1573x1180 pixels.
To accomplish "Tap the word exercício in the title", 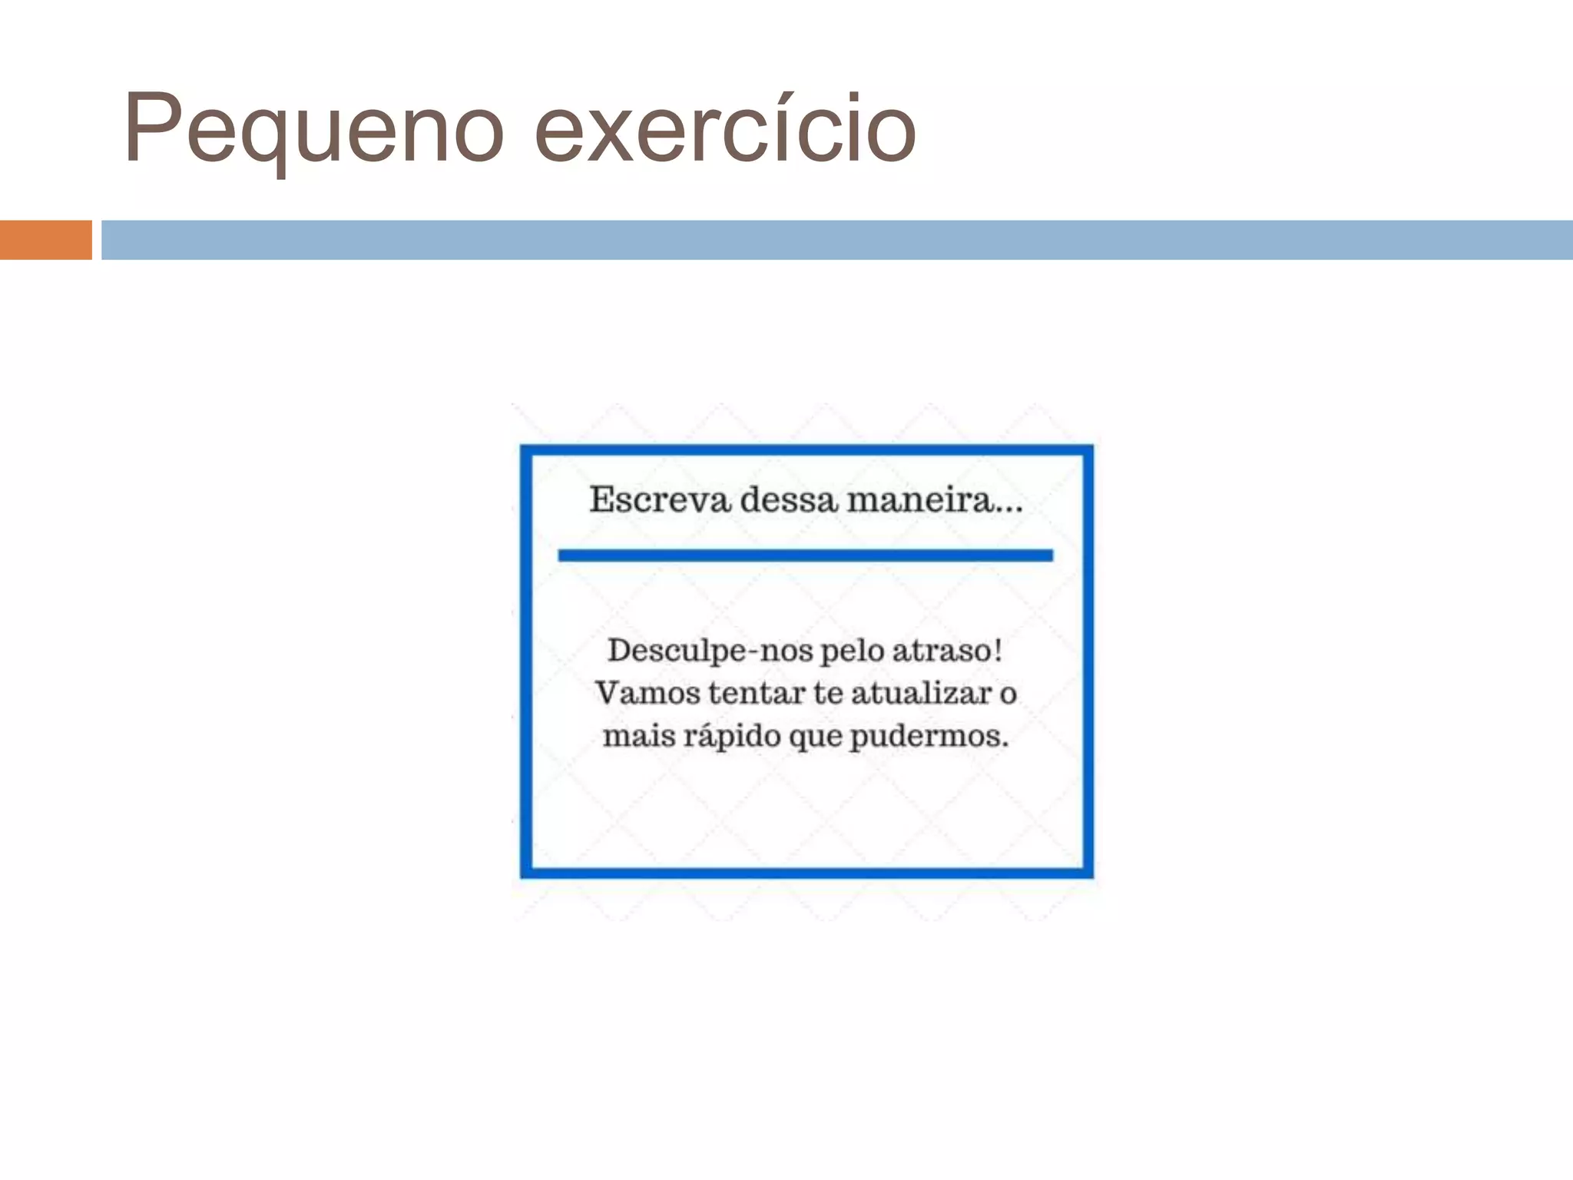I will click(x=725, y=129).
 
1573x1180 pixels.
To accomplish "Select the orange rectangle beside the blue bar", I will click(x=45, y=240).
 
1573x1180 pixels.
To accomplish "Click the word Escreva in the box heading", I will click(x=660, y=500).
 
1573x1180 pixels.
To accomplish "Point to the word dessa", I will click(x=788, y=500).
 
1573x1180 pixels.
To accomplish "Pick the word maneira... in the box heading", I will click(x=935, y=500).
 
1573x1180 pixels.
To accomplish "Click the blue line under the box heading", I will click(x=805, y=555).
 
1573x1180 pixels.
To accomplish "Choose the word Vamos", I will click(x=647, y=693).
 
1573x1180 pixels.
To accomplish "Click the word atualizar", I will click(x=921, y=693).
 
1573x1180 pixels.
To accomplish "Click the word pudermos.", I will click(x=929, y=736).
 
